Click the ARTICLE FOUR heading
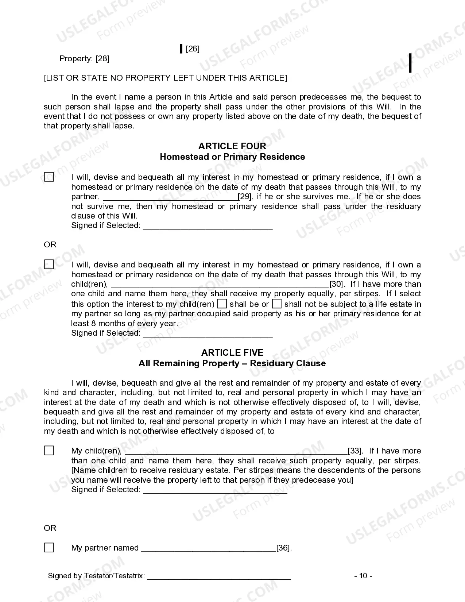(232, 146)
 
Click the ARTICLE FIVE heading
(232, 352)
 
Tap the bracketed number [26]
(193, 49)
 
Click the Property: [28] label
(84, 59)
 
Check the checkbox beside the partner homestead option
(49, 177)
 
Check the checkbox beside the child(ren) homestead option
(49, 265)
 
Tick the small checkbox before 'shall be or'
(222, 304)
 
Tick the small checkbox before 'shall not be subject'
(277, 304)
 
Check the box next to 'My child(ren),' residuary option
(49, 451)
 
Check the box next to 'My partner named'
(49, 548)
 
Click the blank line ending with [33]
(236, 451)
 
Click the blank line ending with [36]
(208, 548)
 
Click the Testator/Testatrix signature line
(219, 576)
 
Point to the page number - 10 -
(363, 576)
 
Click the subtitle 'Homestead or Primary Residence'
(232, 157)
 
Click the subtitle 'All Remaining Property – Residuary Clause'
(232, 363)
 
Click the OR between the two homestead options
(50, 244)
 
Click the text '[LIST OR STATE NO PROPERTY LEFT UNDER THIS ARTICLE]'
(165, 78)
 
